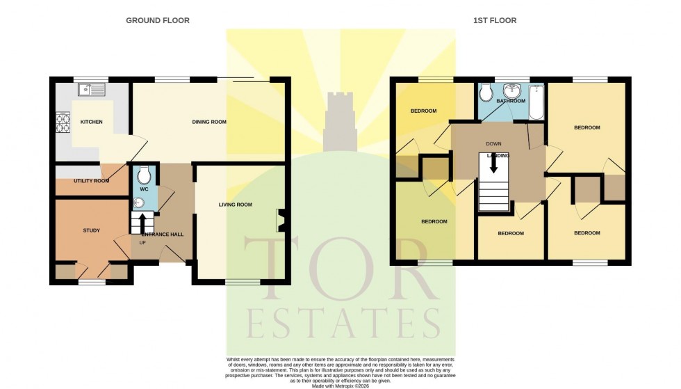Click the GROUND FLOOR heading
click(x=157, y=21)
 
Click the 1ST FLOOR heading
click(x=495, y=21)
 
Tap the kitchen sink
click(x=92, y=89)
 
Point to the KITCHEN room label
click(x=91, y=122)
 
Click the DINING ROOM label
click(x=209, y=122)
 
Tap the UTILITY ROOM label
click(x=92, y=181)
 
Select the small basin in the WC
click(x=138, y=203)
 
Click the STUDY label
click(x=91, y=231)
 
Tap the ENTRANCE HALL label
click(x=162, y=235)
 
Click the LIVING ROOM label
click(x=235, y=205)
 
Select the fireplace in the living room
click(x=281, y=221)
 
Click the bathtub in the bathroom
click(x=536, y=102)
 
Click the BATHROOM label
click(x=511, y=102)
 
